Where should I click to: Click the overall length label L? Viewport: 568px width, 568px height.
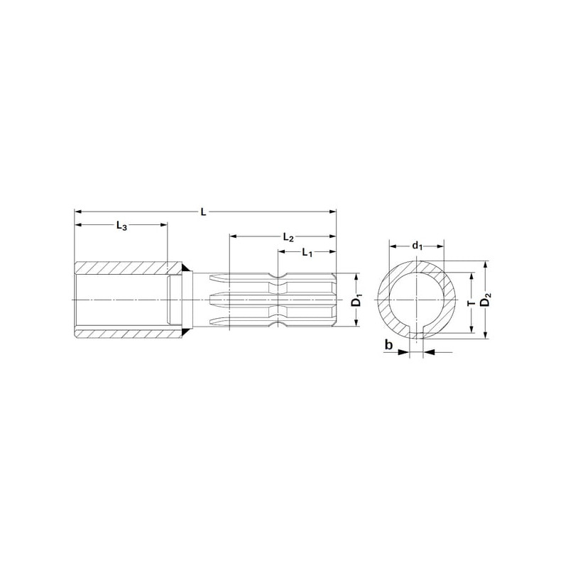[204, 212]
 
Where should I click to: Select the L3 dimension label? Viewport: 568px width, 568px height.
[121, 226]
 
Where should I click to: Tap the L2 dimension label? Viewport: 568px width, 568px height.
[288, 238]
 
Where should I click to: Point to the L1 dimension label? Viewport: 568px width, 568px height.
[307, 253]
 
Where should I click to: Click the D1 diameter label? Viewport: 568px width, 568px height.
[358, 300]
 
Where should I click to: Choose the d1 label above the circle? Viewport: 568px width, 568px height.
[417, 246]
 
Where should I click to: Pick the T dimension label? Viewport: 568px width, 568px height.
[471, 303]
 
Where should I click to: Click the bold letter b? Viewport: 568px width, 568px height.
[388, 345]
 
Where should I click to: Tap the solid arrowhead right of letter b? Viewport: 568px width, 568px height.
[403, 351]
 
